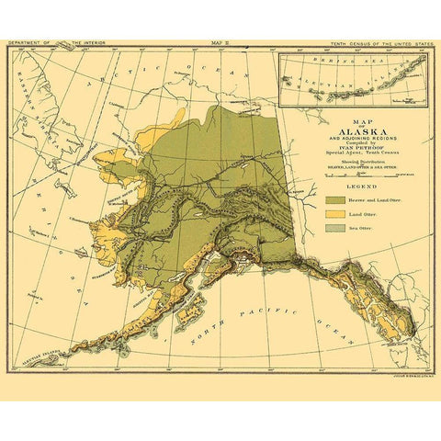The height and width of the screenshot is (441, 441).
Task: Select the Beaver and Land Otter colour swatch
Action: [334, 198]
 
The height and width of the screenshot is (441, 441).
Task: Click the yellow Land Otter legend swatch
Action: [334, 214]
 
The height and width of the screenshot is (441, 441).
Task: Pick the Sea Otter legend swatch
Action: [334, 230]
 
